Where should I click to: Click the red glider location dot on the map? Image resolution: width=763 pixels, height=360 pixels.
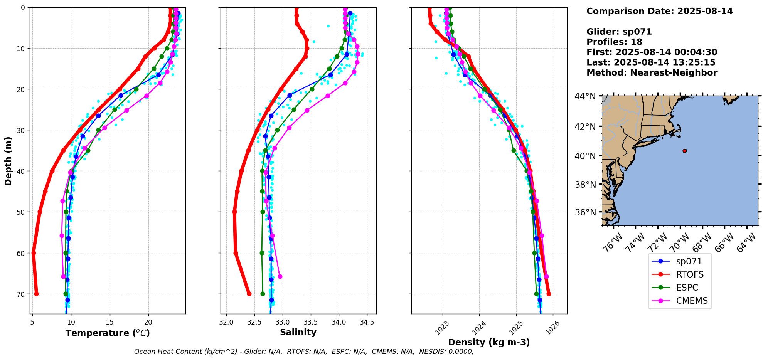click(x=684, y=151)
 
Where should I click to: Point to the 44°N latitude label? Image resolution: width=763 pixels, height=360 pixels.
click(x=585, y=96)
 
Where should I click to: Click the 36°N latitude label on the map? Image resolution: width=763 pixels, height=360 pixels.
click(x=585, y=212)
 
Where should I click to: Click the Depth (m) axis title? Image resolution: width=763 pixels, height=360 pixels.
click(x=8, y=161)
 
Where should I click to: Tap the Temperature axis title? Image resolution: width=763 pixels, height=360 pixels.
click(x=108, y=333)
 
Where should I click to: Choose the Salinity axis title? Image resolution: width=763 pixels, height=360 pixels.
click(x=298, y=332)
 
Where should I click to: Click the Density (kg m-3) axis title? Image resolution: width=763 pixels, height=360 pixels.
click(x=488, y=342)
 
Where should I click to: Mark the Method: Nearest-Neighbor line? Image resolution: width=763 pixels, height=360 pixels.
click(x=652, y=73)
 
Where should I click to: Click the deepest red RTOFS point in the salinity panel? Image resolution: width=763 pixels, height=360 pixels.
click(x=249, y=294)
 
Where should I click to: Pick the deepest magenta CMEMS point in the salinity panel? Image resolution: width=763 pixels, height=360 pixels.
click(x=280, y=276)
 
